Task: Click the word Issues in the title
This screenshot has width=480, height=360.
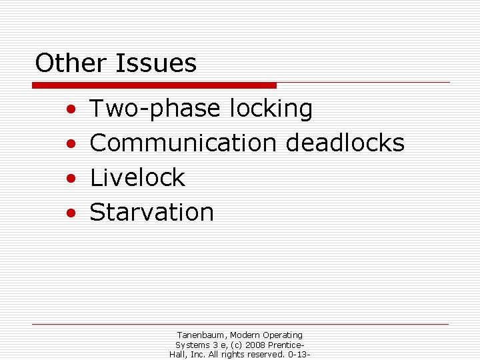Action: (156, 64)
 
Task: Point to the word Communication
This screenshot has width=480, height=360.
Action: (183, 143)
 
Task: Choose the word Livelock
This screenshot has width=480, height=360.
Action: (137, 177)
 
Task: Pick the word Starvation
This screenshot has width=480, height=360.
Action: (152, 212)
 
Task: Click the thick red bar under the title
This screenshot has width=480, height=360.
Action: (154, 85)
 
